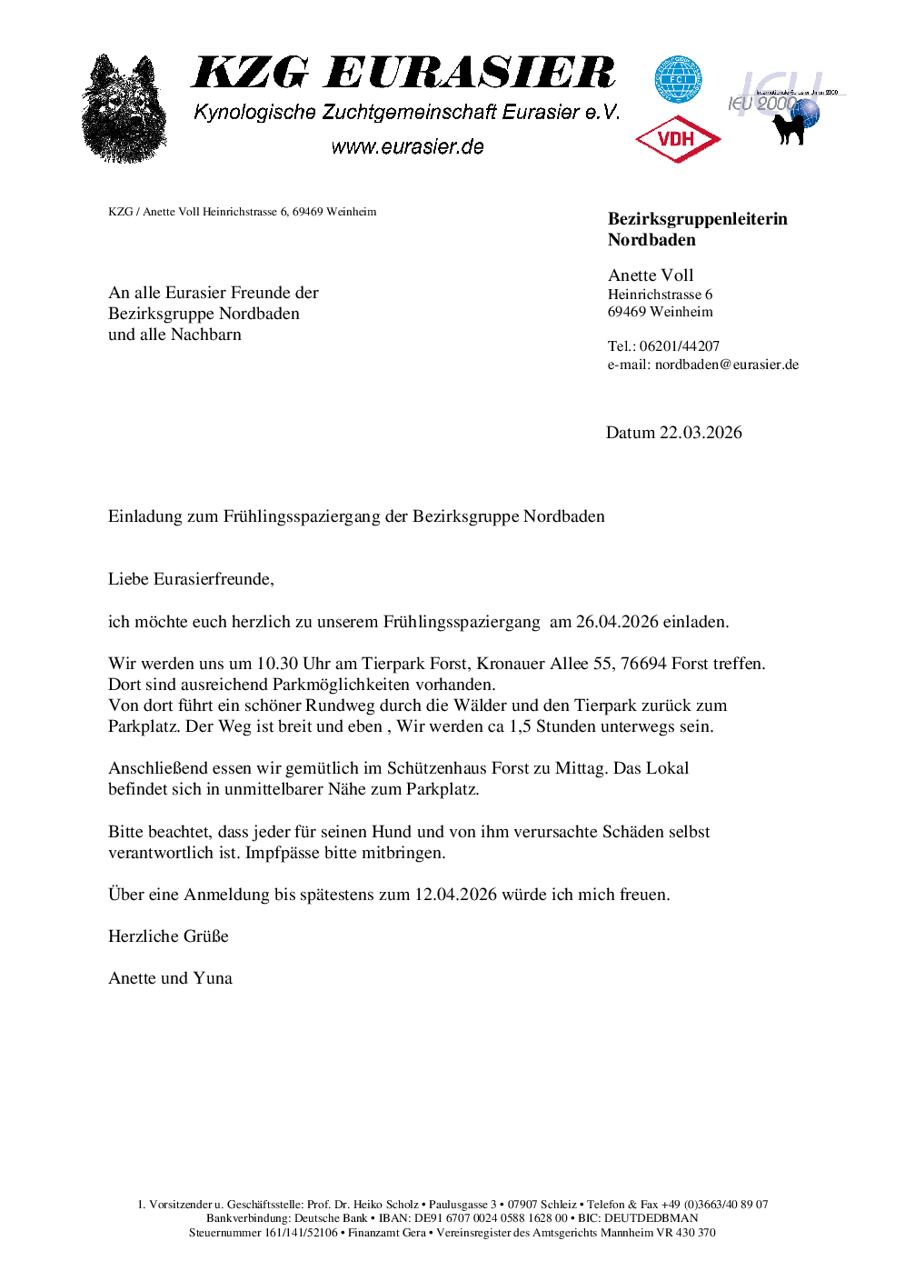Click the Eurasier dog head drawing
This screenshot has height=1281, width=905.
point(124,109)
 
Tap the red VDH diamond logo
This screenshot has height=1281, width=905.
point(677,139)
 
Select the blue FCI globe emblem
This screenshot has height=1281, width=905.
point(678,79)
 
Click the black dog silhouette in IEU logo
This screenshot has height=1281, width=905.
point(789,126)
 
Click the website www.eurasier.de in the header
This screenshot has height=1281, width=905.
point(407,147)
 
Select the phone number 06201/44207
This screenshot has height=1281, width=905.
point(680,346)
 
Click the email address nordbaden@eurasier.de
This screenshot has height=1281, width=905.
point(727,365)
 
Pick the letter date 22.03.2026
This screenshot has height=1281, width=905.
point(701,433)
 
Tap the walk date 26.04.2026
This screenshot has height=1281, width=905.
point(617,622)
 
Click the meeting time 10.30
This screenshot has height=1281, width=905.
point(277,664)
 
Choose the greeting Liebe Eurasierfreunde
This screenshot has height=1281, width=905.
point(190,579)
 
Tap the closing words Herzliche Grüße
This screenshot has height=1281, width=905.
point(168,936)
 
